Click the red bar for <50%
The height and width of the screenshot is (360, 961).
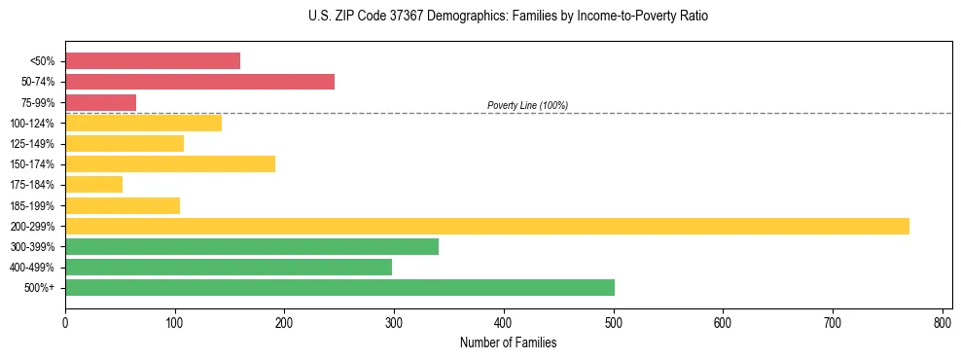pos(153,61)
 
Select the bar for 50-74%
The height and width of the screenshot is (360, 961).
pos(199,82)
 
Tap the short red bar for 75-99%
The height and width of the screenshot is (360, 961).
pos(100,102)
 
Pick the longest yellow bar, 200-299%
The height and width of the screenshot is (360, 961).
pos(486,226)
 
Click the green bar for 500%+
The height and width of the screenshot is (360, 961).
pos(339,287)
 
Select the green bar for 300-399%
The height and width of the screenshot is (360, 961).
pos(251,246)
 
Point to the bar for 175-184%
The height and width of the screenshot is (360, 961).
pos(93,184)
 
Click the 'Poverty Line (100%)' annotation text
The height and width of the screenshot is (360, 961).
pos(527,105)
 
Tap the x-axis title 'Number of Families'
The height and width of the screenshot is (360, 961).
pos(509,342)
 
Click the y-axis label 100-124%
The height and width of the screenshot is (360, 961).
pos(33,124)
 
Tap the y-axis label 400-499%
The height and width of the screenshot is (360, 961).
pos(33,268)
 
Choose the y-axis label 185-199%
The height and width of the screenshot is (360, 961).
pos(33,205)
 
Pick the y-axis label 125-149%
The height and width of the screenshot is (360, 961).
pos(33,144)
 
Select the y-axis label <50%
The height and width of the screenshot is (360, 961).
pos(42,61)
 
